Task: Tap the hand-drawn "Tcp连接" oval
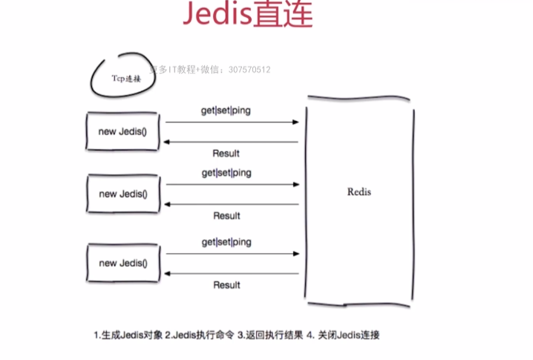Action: point(123,76)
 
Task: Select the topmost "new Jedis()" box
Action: point(123,131)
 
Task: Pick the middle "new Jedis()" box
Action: point(123,194)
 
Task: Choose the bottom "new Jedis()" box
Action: point(123,263)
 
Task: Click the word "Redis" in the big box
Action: point(359,192)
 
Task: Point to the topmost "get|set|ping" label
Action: point(226,110)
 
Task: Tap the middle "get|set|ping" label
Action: point(226,172)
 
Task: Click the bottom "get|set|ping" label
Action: point(226,242)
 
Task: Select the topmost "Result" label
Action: point(226,154)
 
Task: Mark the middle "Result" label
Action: point(226,216)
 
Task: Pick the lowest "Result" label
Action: point(226,285)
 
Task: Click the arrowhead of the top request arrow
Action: point(296,122)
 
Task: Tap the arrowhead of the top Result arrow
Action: point(167,142)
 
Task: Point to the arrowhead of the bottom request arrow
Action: point(296,254)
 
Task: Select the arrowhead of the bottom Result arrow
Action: point(167,273)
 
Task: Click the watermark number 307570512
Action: point(250,70)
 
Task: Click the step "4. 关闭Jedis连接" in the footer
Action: point(344,335)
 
